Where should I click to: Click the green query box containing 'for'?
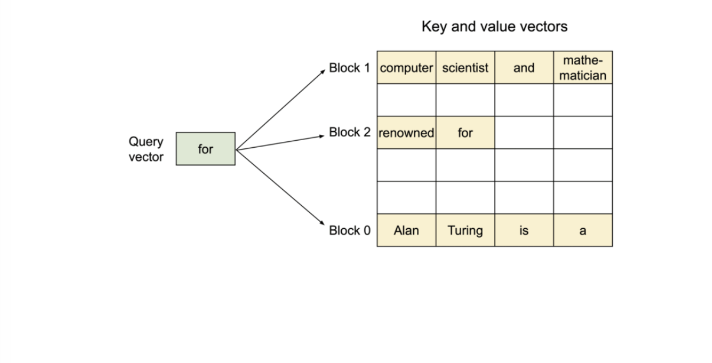tap(205, 149)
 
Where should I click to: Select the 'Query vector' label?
tap(146, 149)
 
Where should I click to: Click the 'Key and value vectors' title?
tap(494, 27)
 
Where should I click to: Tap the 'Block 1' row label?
tap(350, 68)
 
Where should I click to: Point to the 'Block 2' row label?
tap(350, 132)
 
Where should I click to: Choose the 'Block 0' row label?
tap(350, 231)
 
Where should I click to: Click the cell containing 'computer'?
tap(407, 67)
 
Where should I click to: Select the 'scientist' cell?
tap(465, 67)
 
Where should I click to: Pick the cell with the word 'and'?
tap(524, 67)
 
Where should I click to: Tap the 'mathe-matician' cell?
tap(583, 67)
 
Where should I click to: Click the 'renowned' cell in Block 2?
tap(407, 132)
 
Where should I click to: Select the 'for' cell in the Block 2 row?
tap(465, 132)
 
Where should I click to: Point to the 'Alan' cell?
tap(407, 230)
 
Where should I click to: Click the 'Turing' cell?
tap(465, 230)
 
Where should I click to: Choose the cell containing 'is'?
tap(524, 230)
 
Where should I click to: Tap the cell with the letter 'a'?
tap(583, 230)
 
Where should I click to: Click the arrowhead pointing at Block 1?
tap(323, 72)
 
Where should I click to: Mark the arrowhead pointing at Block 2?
tap(322, 137)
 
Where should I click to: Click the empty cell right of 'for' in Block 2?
tap(524, 132)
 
